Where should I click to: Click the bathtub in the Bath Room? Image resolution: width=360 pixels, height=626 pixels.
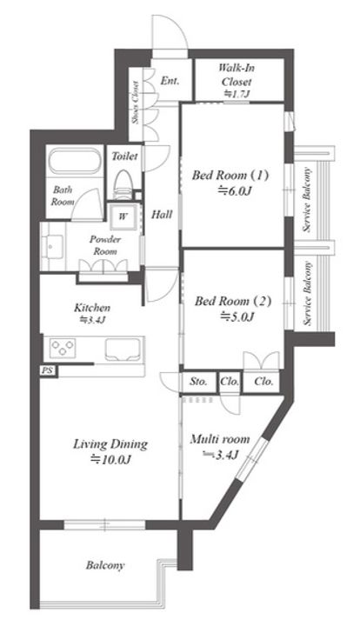[74, 161]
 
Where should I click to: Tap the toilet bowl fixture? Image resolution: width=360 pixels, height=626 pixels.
[124, 184]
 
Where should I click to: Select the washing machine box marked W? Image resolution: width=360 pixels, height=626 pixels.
[123, 216]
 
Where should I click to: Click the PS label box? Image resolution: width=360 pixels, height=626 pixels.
[48, 371]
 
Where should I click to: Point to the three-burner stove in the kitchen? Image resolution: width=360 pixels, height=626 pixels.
[63, 347]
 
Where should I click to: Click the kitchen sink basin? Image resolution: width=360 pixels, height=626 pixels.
[123, 350]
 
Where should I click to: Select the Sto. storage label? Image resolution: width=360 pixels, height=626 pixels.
[198, 382]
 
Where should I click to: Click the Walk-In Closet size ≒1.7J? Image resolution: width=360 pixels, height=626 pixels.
[237, 94]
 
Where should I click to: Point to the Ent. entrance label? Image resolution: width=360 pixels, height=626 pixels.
[170, 81]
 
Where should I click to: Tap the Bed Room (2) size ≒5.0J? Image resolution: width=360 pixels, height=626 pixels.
[237, 317]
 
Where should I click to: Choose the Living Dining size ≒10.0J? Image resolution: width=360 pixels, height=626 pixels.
[110, 460]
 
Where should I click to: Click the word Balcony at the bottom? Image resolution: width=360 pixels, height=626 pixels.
[105, 565]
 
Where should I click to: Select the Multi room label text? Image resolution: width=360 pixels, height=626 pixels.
[220, 440]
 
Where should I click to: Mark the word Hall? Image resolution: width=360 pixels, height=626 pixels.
[162, 215]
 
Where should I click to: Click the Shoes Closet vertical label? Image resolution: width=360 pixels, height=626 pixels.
[136, 103]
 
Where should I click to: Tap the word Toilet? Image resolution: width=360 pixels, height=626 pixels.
[124, 156]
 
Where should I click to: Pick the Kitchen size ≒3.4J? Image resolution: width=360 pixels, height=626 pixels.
[92, 319]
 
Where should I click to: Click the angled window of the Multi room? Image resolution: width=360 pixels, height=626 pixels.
[252, 459]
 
